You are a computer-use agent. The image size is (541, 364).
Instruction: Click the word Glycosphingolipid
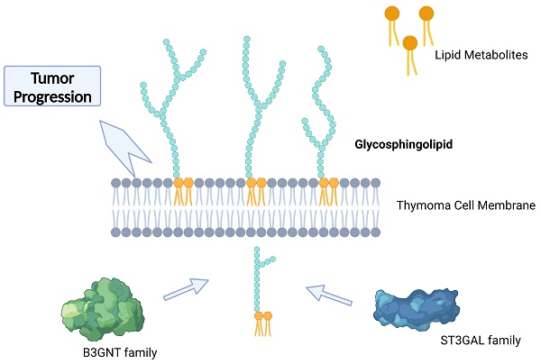click(403, 143)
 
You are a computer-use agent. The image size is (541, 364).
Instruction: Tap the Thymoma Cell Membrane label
click(466, 206)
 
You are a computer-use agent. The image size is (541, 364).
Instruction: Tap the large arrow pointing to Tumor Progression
click(127, 145)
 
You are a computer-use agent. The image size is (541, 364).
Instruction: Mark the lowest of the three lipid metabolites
click(410, 42)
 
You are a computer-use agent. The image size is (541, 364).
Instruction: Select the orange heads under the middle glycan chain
click(256, 183)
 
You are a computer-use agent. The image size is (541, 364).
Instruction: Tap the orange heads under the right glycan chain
click(328, 183)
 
